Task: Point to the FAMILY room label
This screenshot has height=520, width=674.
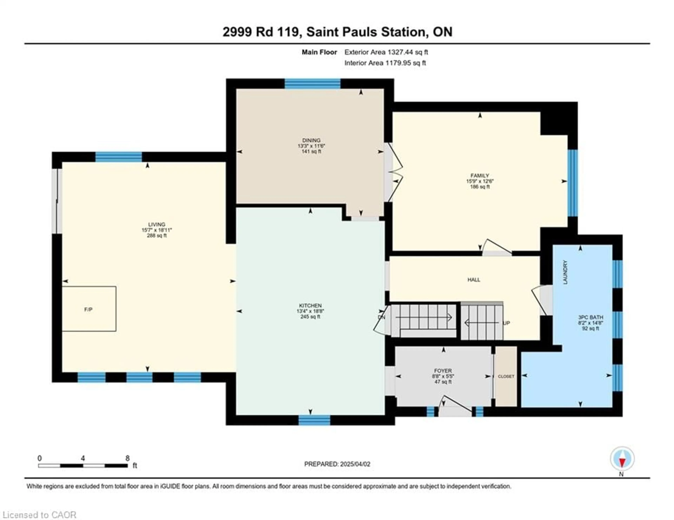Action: tap(480, 175)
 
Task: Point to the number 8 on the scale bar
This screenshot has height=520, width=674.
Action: tap(127, 458)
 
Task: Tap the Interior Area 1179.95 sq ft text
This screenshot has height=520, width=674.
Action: tap(385, 63)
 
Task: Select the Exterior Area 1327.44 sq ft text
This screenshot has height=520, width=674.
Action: tap(386, 52)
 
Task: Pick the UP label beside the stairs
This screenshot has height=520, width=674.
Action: tap(506, 323)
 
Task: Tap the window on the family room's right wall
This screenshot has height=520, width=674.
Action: tap(573, 183)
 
